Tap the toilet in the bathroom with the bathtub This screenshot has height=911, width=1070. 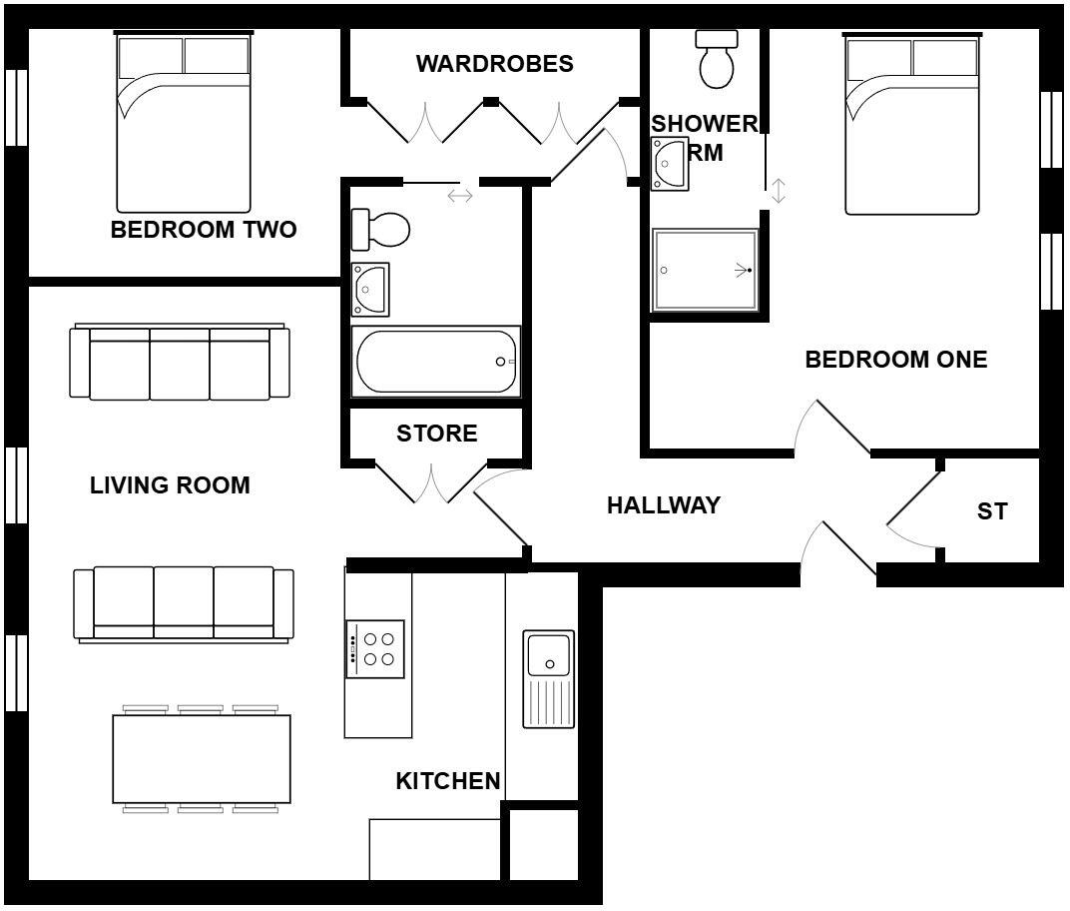point(380,230)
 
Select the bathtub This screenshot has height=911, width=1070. point(436,362)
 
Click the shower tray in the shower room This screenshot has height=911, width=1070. point(705,270)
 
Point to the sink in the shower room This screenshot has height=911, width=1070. point(669,163)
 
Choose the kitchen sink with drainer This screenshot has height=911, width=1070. point(549,678)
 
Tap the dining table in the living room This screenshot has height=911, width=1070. point(202,759)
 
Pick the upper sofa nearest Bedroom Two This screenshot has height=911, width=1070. point(180,363)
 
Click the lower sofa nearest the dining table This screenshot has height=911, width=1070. point(184,602)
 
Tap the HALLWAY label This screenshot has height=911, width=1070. point(664,505)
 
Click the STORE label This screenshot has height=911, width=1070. point(436,434)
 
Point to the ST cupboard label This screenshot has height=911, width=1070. point(992,511)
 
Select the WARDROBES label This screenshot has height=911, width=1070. point(494,64)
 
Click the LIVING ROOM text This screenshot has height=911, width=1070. point(170,485)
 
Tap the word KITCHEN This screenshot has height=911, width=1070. point(448,781)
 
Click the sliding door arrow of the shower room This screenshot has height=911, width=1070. point(779,191)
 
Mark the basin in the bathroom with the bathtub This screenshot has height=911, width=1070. point(370,289)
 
